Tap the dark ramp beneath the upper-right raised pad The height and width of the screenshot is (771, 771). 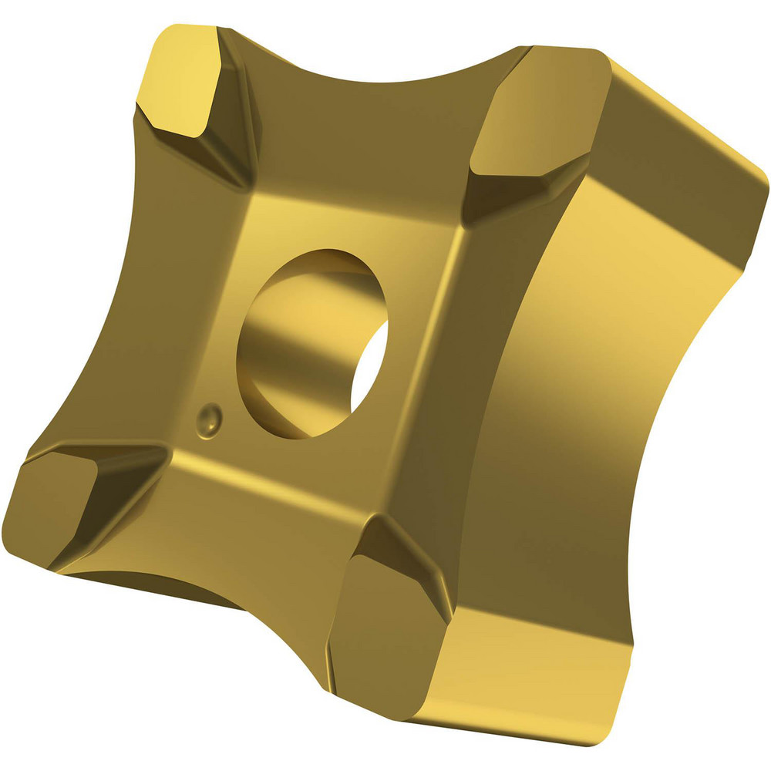click(493, 200)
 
